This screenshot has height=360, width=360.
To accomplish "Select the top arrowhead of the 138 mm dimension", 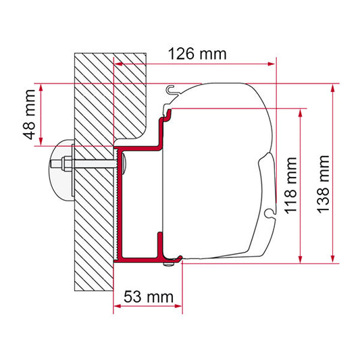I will point(333,88).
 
